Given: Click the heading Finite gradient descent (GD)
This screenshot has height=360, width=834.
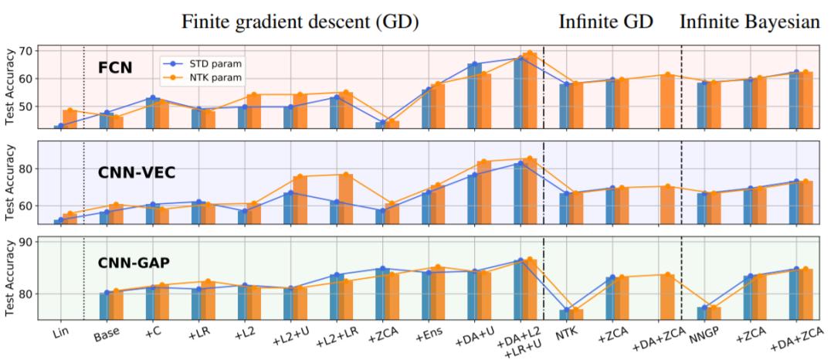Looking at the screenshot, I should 300,22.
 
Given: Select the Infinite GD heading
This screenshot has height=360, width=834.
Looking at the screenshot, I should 606,22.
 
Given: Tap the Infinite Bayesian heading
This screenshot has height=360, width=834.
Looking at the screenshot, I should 750,22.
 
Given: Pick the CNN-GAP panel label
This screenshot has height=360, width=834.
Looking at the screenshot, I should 134,263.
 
